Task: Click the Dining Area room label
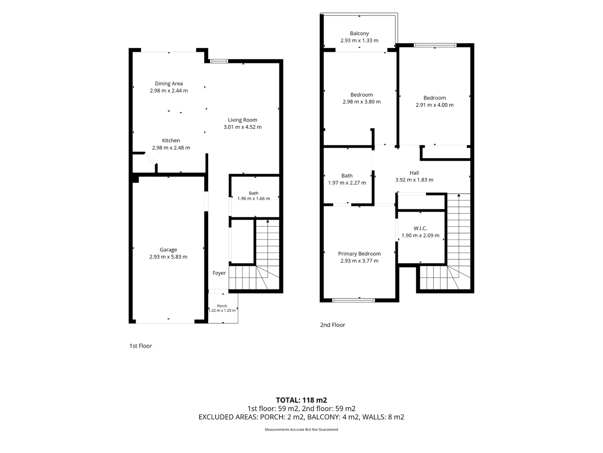coord(169,83)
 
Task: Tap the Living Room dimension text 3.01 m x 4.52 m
coord(242,127)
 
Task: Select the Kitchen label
coord(171,141)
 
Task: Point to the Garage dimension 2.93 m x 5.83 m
coord(168,257)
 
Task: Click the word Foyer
coord(219,273)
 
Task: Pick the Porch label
coord(222,306)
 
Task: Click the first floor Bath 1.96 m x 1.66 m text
coord(254,196)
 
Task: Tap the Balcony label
coord(359,34)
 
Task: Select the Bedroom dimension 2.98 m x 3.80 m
coord(361,102)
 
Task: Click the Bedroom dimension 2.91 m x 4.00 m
coord(435,105)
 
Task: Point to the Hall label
coord(414,173)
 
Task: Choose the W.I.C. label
coord(420,228)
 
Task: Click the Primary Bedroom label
coord(359,254)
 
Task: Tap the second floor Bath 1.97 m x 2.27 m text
coord(347,180)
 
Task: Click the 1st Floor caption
coord(141,346)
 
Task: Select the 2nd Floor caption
coord(332,325)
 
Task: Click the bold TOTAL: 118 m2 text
coord(301,400)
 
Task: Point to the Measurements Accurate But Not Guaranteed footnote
coord(301,430)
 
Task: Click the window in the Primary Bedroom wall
coord(353,300)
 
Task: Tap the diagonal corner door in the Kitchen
coord(151,159)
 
